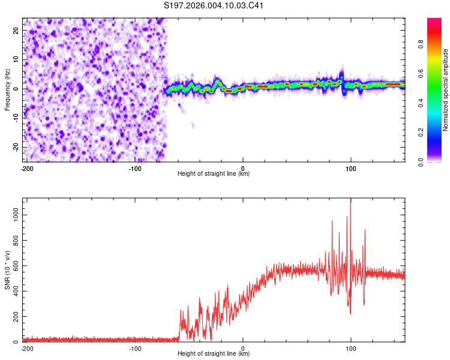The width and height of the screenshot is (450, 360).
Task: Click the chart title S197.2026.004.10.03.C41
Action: tap(214, 6)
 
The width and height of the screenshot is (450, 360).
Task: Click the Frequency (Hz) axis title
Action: tap(7, 90)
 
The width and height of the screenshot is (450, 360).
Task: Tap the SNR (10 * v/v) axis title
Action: tap(7, 270)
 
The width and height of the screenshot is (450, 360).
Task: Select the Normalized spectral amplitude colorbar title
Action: tap(446, 90)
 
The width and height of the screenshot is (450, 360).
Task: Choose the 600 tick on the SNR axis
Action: tap(15, 265)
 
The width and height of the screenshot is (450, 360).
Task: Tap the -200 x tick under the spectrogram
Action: tap(26, 168)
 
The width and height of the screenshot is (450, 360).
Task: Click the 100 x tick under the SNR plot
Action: tap(351, 348)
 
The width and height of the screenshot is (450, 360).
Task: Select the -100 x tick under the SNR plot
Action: tap(135, 348)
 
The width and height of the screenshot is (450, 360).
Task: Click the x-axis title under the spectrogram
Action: tap(214, 174)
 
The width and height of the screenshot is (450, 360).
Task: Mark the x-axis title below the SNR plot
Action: tap(214, 354)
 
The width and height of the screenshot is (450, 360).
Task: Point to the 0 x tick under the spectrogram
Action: tap(243, 168)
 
